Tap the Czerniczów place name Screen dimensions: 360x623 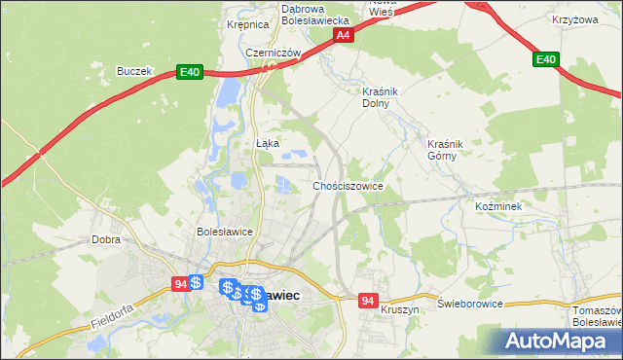271,53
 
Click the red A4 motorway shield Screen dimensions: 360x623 342,35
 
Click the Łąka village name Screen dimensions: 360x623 267,143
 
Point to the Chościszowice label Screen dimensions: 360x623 348,185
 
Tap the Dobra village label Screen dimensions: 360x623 105,238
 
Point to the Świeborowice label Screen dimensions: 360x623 470,304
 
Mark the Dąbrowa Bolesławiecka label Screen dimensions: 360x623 315,15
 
